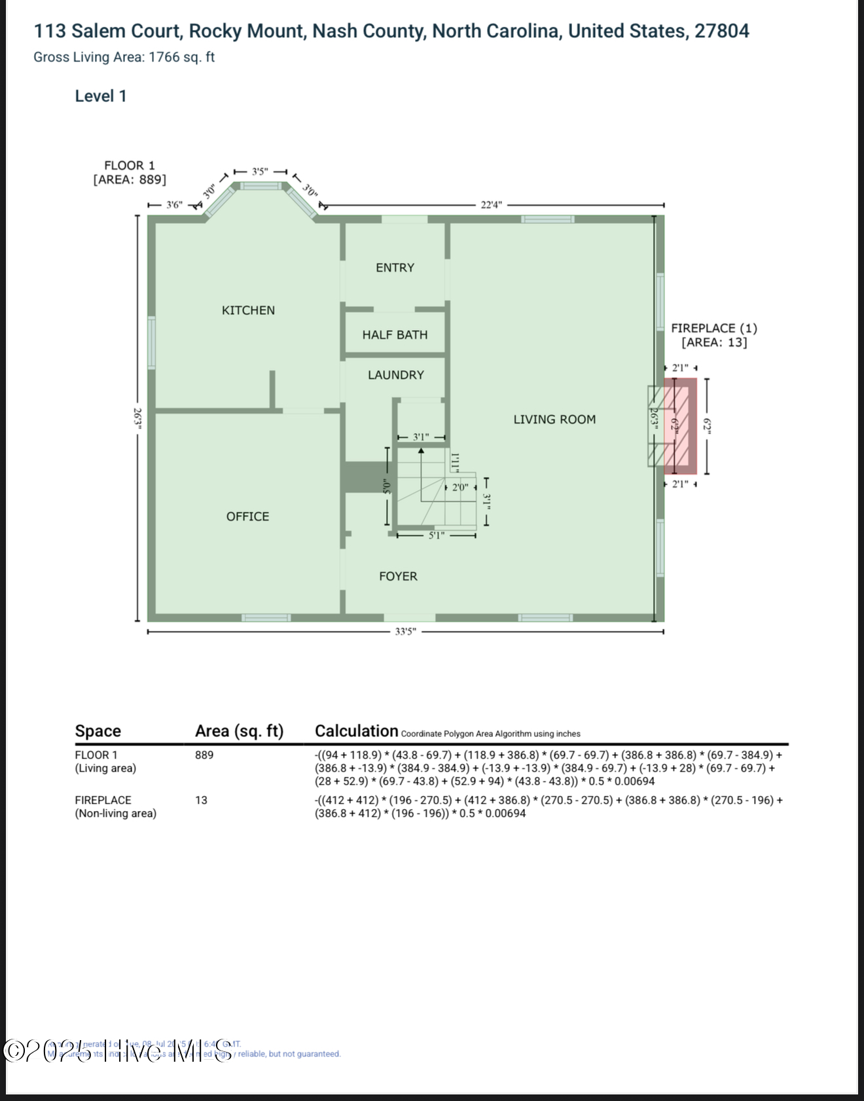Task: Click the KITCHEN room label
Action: [x=248, y=310]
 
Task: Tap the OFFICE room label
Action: [x=247, y=516]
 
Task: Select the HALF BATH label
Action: [x=395, y=334]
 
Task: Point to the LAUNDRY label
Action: [x=395, y=375]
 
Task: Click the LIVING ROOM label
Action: [x=554, y=420]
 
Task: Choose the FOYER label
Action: [x=398, y=576]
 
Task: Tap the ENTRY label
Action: [x=395, y=268]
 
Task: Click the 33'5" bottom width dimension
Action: [x=405, y=632]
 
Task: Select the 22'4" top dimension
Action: [x=491, y=205]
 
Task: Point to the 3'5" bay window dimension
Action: [x=260, y=171]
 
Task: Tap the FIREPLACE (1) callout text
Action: [x=713, y=329]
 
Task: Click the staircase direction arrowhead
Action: [x=421, y=451]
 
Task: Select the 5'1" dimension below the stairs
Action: [x=437, y=535]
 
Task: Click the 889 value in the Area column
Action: [x=204, y=755]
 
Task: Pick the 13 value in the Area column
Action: [x=201, y=800]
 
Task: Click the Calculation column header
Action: [x=357, y=731]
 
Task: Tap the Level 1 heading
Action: [x=100, y=96]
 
